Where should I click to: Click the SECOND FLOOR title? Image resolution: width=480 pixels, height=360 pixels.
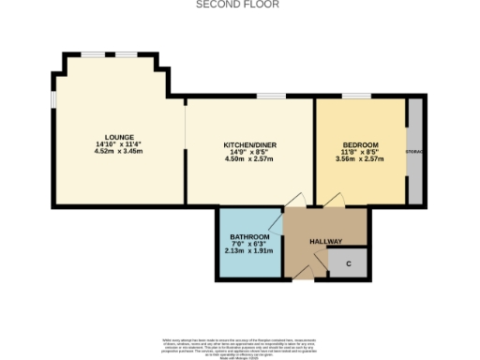[237, 5]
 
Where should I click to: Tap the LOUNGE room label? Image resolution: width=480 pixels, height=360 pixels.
[118, 136]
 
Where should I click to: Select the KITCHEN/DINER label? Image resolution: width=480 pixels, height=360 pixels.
[248, 144]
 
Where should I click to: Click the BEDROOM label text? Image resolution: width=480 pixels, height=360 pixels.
[360, 144]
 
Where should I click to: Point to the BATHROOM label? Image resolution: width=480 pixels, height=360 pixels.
[249, 237]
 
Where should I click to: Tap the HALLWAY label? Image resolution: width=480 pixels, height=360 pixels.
[326, 242]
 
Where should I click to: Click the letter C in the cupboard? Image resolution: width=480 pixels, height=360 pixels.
[348, 263]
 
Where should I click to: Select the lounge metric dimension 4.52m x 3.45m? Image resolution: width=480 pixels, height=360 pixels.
[118, 151]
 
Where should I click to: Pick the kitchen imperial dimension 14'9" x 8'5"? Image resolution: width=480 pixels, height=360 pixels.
[248, 152]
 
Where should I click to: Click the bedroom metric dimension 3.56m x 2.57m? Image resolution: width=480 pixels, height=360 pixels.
[360, 159]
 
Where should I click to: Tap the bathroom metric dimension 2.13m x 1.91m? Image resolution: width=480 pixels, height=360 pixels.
[249, 252]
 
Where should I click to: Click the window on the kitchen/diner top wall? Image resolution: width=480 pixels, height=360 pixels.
[272, 97]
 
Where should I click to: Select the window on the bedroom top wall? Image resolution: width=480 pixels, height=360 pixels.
[355, 97]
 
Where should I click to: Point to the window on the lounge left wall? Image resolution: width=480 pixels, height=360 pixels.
[53, 98]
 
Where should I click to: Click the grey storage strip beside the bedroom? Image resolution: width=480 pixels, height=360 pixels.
[413, 150]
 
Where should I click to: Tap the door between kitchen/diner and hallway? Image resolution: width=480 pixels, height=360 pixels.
[296, 201]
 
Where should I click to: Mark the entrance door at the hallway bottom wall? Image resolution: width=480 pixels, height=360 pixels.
[303, 273]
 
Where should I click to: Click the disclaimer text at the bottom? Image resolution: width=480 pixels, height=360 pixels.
[239, 345]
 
